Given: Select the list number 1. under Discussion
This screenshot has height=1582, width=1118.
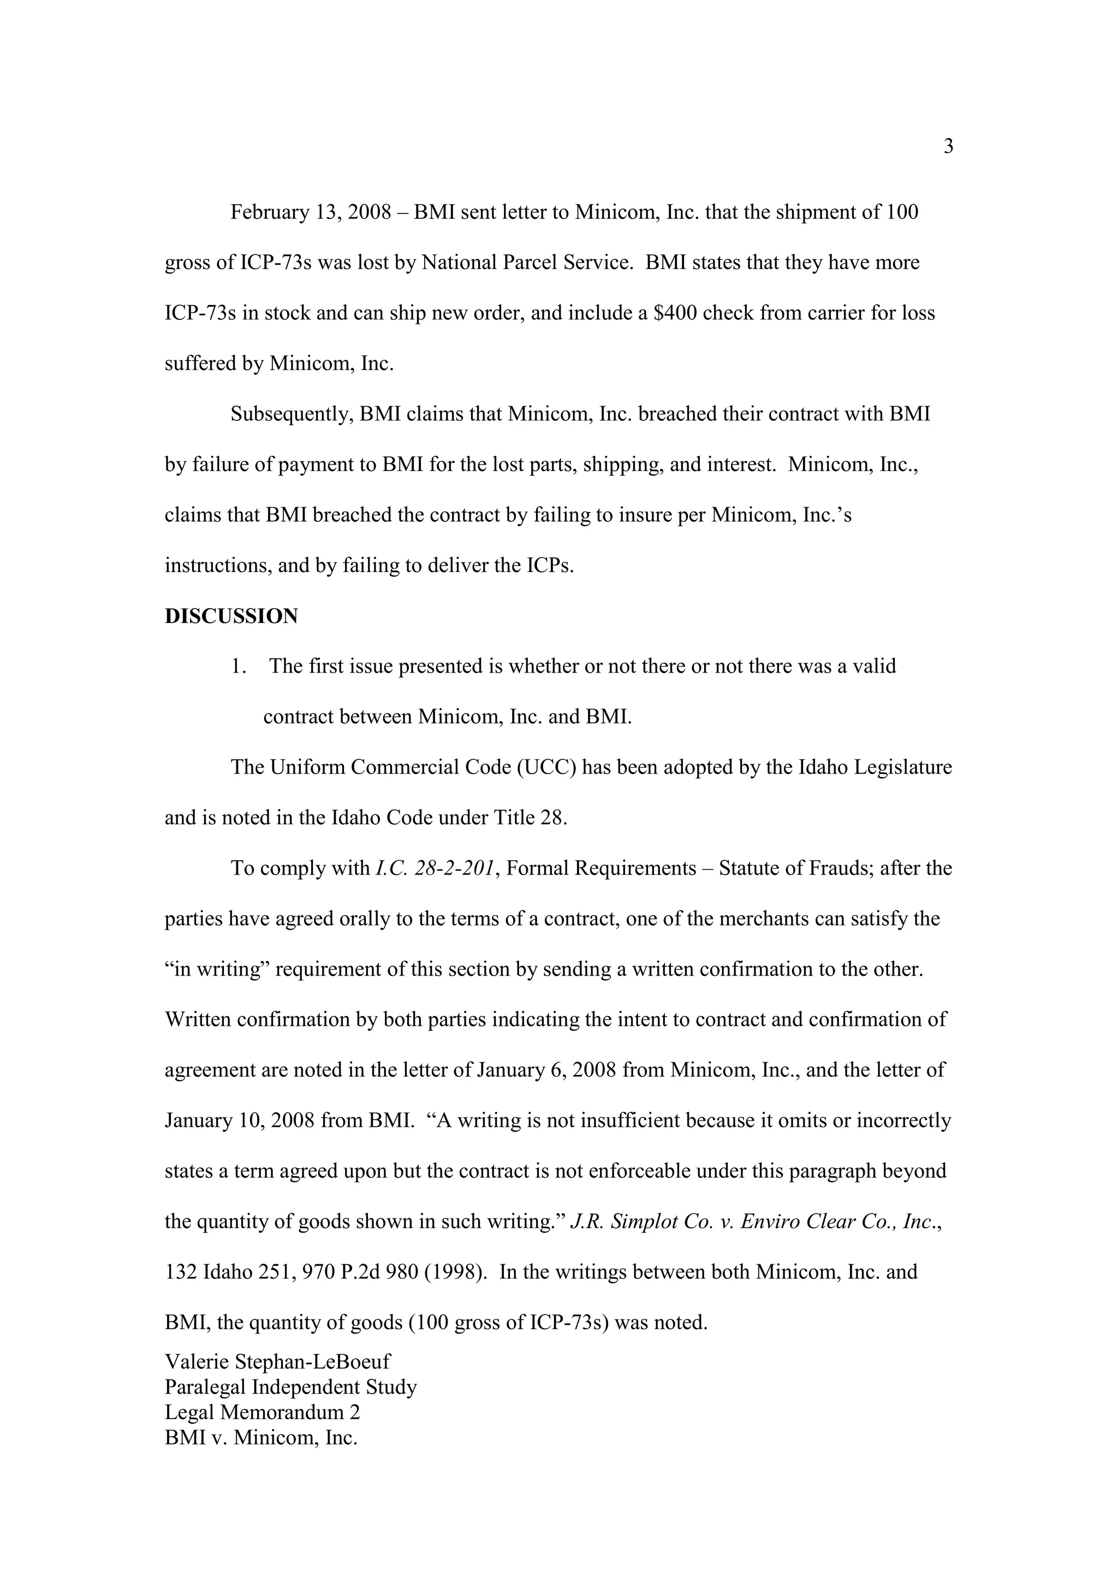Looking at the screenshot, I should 239,667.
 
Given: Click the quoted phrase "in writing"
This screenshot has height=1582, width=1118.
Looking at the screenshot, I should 217,970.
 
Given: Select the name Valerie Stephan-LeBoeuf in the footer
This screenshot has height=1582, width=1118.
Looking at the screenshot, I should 278,1361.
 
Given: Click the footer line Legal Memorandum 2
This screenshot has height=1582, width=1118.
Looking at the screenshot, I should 263,1413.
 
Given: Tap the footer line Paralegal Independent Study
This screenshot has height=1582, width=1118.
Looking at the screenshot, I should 291,1387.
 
